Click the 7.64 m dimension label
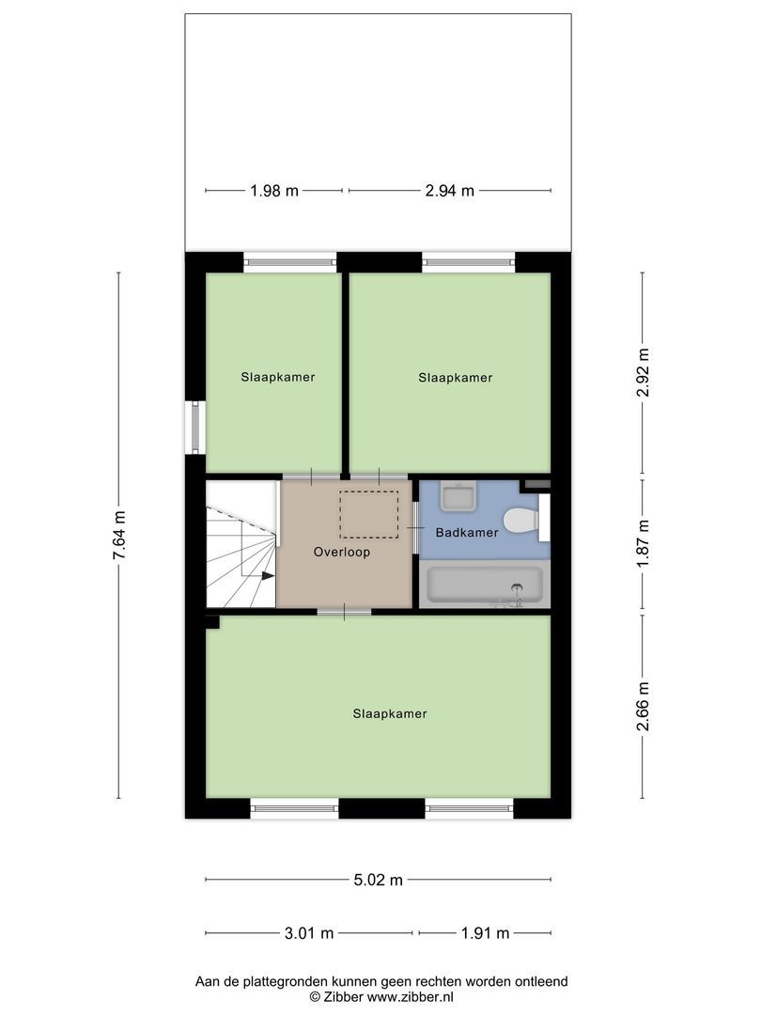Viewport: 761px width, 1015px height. click(118, 536)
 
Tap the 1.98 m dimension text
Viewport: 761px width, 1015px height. click(274, 191)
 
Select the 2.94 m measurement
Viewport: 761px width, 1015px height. click(449, 191)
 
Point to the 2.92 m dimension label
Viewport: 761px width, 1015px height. click(643, 373)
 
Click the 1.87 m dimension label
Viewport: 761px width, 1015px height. click(643, 544)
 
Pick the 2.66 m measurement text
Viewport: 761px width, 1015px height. click(643, 707)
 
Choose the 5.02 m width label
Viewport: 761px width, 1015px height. click(378, 881)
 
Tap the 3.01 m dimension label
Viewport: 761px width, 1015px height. click(309, 933)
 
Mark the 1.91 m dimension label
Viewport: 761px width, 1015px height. click(485, 933)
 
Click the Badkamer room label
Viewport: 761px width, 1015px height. click(467, 533)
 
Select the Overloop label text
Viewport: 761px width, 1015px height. click(342, 553)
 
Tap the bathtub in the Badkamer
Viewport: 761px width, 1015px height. click(481, 585)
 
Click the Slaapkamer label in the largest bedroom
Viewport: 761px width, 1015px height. click(390, 713)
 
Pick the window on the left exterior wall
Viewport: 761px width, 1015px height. click(195, 428)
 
